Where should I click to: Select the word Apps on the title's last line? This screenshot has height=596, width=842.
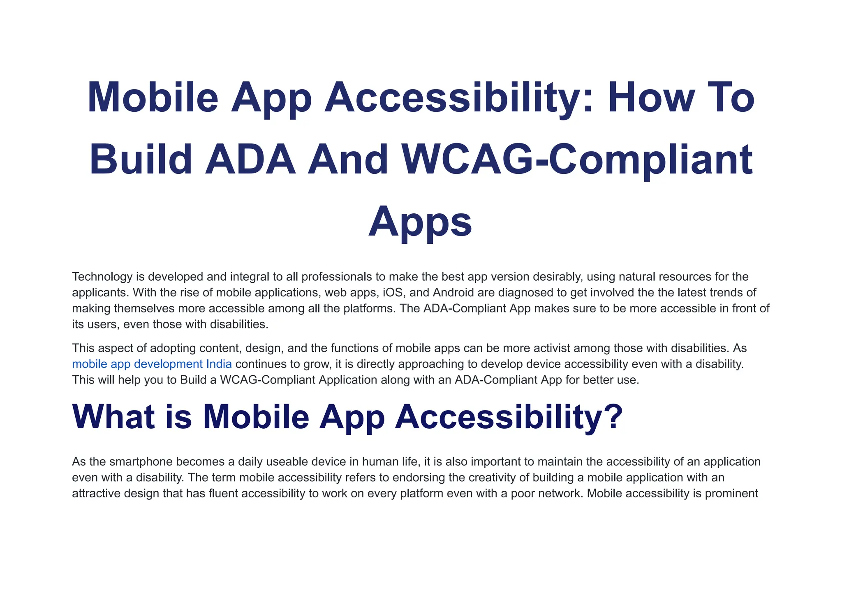pos(420,222)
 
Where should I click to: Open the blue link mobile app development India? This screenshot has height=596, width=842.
pos(152,364)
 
